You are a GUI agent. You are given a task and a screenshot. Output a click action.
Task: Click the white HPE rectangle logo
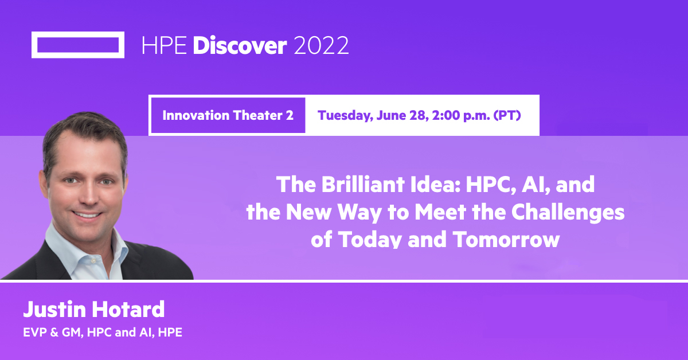click(78, 45)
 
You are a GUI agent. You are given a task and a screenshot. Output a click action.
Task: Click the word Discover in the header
click(239, 45)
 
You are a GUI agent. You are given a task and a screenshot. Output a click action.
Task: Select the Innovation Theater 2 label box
click(228, 115)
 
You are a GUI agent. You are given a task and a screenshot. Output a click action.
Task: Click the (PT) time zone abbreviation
click(507, 115)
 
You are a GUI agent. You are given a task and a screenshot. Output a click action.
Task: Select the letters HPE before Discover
click(164, 45)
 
